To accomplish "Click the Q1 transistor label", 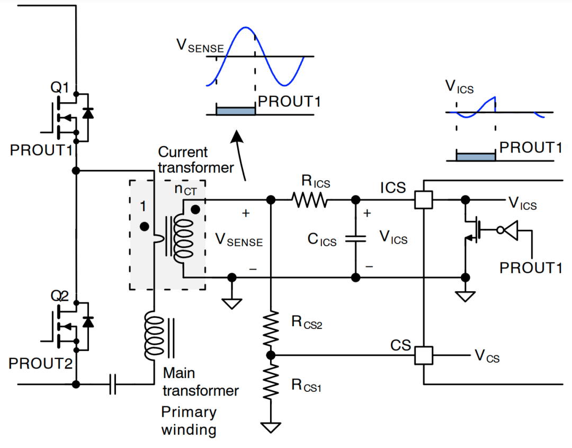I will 60,88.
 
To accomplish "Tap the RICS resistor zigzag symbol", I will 309,200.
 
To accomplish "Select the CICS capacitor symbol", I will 356,239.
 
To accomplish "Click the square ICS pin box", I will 424,200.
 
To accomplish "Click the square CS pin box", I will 424,355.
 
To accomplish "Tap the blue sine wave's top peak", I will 244,28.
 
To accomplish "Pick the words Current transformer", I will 195,160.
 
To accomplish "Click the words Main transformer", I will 200,382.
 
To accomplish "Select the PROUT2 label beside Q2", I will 40,364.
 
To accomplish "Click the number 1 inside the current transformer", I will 142,207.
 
